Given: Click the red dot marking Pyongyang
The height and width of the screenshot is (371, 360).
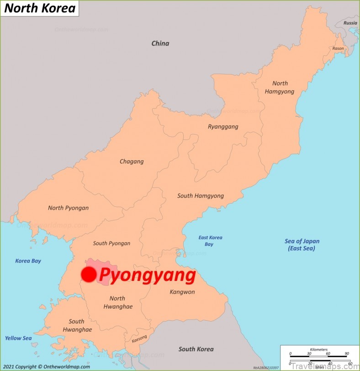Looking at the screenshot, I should click(89, 274).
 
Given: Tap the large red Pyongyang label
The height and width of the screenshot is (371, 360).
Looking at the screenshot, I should click(147, 275).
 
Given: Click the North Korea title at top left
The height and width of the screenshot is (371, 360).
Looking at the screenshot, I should click(40, 8).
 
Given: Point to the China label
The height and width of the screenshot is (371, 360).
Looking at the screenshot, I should click(160, 43).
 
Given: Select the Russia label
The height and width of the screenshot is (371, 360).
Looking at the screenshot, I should click(350, 23).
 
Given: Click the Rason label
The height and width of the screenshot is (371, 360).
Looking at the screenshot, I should click(338, 48).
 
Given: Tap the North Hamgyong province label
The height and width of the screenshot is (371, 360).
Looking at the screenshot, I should click(280, 87).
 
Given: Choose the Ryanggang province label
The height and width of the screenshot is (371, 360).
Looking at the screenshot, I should click(223, 127).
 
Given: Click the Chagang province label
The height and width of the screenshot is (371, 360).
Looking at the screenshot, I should click(132, 161).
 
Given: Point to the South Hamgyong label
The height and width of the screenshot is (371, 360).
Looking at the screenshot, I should click(201, 196).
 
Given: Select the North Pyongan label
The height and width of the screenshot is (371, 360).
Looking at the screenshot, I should click(69, 208).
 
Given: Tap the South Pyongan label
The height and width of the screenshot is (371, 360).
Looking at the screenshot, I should click(111, 243).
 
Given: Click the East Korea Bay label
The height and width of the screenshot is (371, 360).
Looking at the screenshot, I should click(210, 241).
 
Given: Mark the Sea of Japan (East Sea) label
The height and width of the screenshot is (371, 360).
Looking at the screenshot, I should click(302, 245).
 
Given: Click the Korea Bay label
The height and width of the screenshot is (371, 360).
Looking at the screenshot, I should click(28, 261).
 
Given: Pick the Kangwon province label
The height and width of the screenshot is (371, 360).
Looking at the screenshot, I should click(182, 292).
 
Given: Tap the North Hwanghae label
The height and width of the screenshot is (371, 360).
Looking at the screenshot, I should click(117, 302).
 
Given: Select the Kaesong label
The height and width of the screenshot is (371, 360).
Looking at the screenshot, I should click(139, 340).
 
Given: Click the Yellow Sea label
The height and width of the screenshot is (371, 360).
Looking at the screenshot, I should click(18, 338).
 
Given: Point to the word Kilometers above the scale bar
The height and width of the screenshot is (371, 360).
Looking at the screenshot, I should click(318, 349).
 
